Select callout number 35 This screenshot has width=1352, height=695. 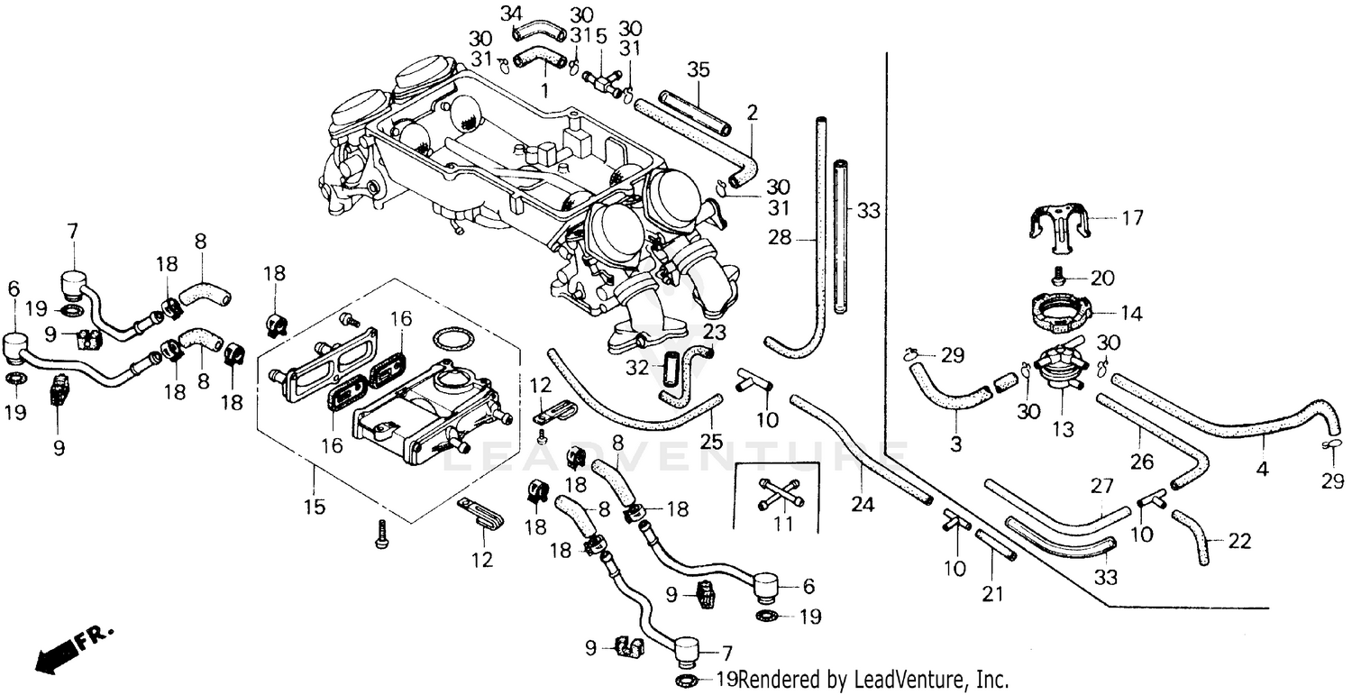699,69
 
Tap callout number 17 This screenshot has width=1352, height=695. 1132,217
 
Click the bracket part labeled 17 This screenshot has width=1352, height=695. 1061,224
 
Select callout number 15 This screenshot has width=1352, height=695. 313,507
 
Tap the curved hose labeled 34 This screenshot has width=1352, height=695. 539,32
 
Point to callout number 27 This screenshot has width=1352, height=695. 1102,486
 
